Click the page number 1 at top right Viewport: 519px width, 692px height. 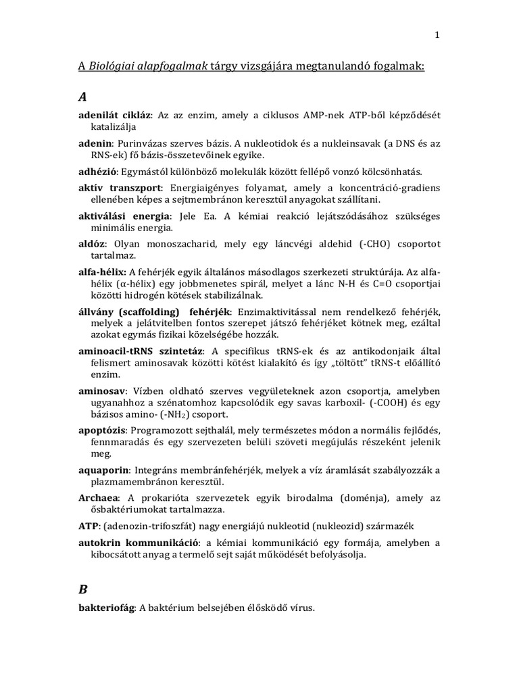(x=438, y=35)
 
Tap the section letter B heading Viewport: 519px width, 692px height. (x=82, y=589)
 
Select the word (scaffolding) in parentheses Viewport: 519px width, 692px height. (x=147, y=312)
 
